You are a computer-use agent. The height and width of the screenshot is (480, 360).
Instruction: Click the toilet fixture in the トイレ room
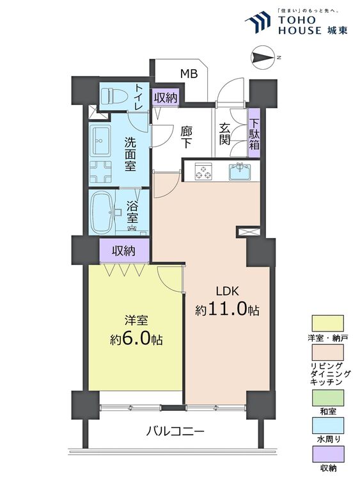(x=114, y=96)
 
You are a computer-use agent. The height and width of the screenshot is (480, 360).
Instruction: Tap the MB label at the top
(x=189, y=74)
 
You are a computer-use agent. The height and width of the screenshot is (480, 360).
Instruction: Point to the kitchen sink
(x=240, y=172)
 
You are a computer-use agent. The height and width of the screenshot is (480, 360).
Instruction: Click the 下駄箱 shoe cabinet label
(x=254, y=134)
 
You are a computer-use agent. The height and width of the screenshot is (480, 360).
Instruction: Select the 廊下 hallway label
(x=186, y=138)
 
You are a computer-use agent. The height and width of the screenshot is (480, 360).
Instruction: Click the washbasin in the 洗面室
(x=100, y=141)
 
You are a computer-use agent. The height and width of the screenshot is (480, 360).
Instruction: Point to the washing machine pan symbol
(x=100, y=172)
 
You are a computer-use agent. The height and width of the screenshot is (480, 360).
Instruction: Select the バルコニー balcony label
(x=175, y=431)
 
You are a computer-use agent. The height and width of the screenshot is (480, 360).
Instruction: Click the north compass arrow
(x=262, y=58)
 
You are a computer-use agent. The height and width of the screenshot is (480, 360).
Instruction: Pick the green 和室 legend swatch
(x=328, y=397)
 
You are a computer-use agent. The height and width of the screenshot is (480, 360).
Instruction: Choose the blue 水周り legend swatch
(x=328, y=426)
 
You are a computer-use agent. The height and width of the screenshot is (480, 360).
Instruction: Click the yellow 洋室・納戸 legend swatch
(x=328, y=323)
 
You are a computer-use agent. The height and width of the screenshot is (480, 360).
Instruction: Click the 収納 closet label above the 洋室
(x=123, y=251)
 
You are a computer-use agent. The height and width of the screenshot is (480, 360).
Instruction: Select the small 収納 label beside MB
(x=166, y=98)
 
